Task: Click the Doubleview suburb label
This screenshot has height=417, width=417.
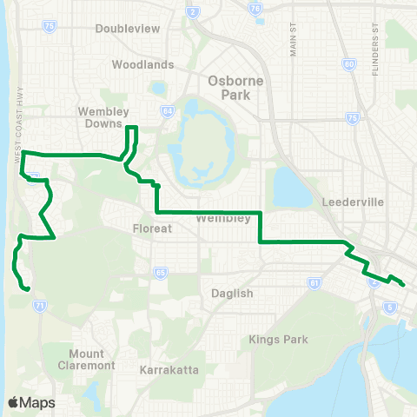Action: point(128,28)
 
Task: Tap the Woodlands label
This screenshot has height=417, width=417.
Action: point(142,64)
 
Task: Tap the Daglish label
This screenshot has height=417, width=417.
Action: point(232,294)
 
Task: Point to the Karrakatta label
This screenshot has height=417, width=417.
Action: point(169,370)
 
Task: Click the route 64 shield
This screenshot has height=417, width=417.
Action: point(167,111)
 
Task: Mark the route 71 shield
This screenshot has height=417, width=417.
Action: point(39,306)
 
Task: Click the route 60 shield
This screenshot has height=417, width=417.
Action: point(348,63)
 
